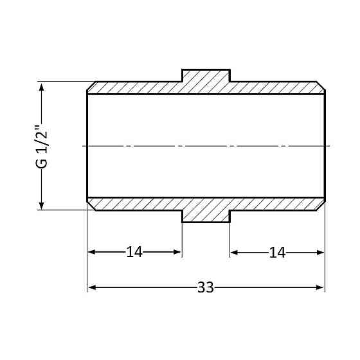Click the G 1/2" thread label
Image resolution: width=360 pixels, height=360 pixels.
tap(42, 147)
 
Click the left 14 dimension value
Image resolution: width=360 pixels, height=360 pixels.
tap(134, 252)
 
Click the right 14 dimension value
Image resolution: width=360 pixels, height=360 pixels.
tap(277, 252)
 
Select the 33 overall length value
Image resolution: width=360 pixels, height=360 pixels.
tap(206, 287)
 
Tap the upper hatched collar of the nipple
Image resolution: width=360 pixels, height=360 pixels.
tap(206, 75)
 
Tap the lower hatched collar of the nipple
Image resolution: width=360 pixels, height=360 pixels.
tap(206, 216)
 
